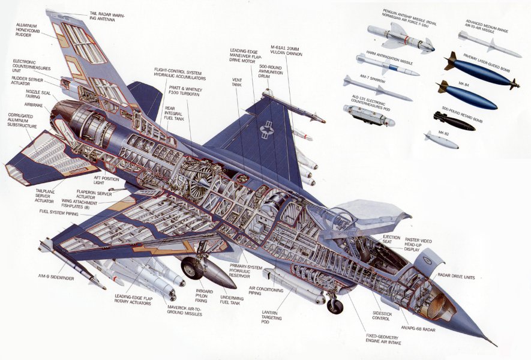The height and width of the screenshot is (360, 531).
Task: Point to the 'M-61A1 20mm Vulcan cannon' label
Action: point(286,50)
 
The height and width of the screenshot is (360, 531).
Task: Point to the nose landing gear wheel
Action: point(335,306)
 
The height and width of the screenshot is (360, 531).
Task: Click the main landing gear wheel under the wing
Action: point(192,268)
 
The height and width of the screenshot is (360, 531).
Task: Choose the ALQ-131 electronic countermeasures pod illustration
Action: point(368,115)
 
